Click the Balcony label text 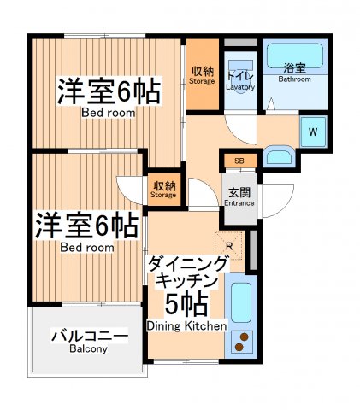pyautogui.click(x=89, y=349)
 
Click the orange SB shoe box pyautogui.click(x=239, y=160)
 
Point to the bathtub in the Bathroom pyautogui.click(x=294, y=57)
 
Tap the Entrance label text pyautogui.click(x=239, y=203)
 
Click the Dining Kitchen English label pyautogui.click(x=186, y=325)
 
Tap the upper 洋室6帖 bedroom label pyautogui.click(x=109, y=91)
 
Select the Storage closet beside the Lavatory pyautogui.click(x=203, y=75)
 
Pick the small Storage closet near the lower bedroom pyautogui.click(x=164, y=189)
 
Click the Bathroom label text pyautogui.click(x=294, y=79)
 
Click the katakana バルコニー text pyautogui.click(x=89, y=335)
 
